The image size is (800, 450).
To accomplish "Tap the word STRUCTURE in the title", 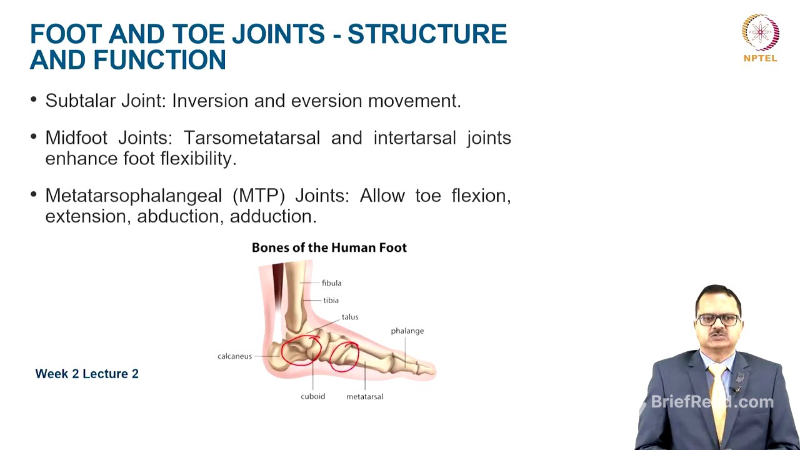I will click(x=427, y=35).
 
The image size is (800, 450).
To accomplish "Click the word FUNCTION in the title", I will click(x=159, y=61).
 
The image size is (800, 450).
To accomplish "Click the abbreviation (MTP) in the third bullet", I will click(x=258, y=196).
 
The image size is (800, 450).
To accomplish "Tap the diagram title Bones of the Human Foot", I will click(x=329, y=247).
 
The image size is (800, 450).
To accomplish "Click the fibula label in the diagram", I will click(x=331, y=283).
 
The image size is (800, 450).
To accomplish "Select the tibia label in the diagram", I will click(x=331, y=301).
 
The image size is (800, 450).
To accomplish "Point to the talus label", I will click(x=349, y=317).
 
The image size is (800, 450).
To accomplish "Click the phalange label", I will click(x=407, y=331).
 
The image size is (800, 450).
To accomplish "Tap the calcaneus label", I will click(x=234, y=356).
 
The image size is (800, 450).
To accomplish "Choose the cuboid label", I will click(x=312, y=396).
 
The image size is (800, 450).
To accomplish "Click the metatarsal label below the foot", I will click(x=364, y=396).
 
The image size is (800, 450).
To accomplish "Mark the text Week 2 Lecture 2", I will click(x=87, y=374).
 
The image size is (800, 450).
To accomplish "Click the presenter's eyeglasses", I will click(x=718, y=319).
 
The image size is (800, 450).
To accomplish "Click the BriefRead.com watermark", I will click(x=712, y=402).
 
